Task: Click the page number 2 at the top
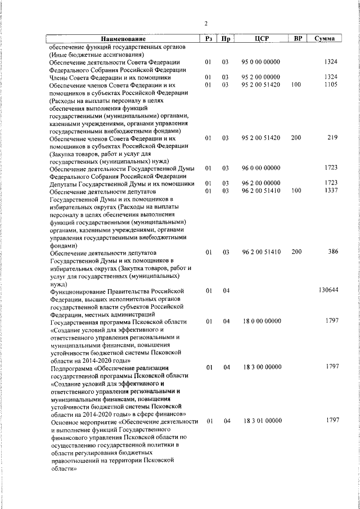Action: coord(206,24)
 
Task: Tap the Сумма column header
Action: coord(325,38)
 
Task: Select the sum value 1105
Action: coord(330,84)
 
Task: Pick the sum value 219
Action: coord(332,137)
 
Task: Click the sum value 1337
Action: coord(330,191)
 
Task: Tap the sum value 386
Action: coord(331,252)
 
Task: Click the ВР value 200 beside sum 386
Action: coord(296,252)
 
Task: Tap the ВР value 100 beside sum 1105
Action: coord(296,84)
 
